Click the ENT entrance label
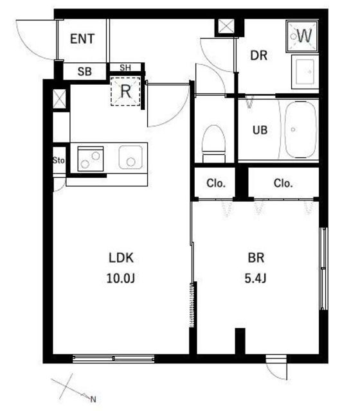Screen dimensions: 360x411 click(82, 39)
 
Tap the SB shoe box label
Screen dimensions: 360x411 click(84, 71)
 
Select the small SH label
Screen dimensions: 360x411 click(125, 67)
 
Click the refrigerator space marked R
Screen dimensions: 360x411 click(125, 91)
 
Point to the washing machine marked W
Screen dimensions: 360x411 click(302, 36)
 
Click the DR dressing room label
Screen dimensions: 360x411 click(258, 56)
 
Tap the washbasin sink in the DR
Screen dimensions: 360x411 click(305, 72)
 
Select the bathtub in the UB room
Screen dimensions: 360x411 click(300, 130)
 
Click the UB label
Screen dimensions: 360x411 click(260, 130)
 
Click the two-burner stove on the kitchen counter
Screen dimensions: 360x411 click(91, 159)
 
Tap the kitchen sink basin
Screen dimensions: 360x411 click(130, 157)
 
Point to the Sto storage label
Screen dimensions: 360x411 click(59, 160)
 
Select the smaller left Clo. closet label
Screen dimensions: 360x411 click(216, 183)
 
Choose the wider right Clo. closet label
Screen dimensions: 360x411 click(283, 183)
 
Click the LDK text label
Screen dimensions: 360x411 click(122, 258)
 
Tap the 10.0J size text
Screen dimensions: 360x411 click(121, 278)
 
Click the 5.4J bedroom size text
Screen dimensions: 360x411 click(255, 278)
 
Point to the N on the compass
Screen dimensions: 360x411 click(93, 399)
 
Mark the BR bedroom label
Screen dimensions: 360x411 click(256, 258)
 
